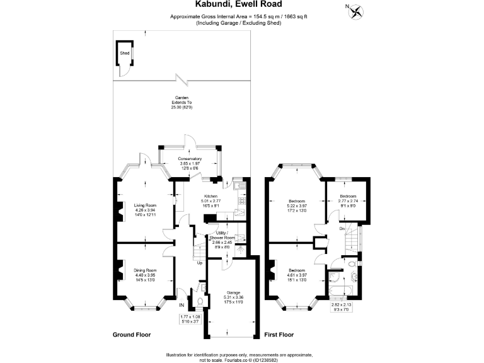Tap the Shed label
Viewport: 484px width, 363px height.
tap(124, 54)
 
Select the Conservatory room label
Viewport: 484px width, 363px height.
tap(189, 158)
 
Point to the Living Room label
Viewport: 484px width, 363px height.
tap(145, 205)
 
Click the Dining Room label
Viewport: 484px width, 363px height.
tap(145, 270)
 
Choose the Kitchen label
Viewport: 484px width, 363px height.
tap(210, 196)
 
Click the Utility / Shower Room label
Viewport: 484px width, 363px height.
tap(227, 235)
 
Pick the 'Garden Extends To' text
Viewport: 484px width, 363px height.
tap(183, 100)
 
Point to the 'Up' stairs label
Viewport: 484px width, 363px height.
tap(200, 263)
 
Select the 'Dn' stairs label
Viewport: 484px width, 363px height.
tap(342, 228)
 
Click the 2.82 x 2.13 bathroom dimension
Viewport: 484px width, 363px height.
tap(342, 305)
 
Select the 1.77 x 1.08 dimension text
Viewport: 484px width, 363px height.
tap(190, 318)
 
